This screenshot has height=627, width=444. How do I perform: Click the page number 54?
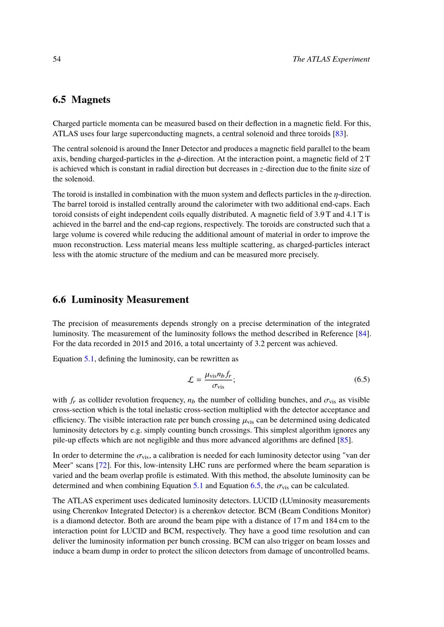click(x=57, y=59)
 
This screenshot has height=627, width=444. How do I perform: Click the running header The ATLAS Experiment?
click(x=331, y=59)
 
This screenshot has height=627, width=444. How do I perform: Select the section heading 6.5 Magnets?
click(x=81, y=100)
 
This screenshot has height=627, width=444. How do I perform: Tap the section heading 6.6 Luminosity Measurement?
click(x=120, y=300)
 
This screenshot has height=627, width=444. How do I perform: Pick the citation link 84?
click(x=362, y=334)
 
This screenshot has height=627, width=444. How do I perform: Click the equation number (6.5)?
click(x=362, y=380)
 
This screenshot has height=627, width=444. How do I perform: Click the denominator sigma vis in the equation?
click(x=218, y=386)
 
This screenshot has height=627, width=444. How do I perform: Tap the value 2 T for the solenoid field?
click(x=365, y=159)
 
